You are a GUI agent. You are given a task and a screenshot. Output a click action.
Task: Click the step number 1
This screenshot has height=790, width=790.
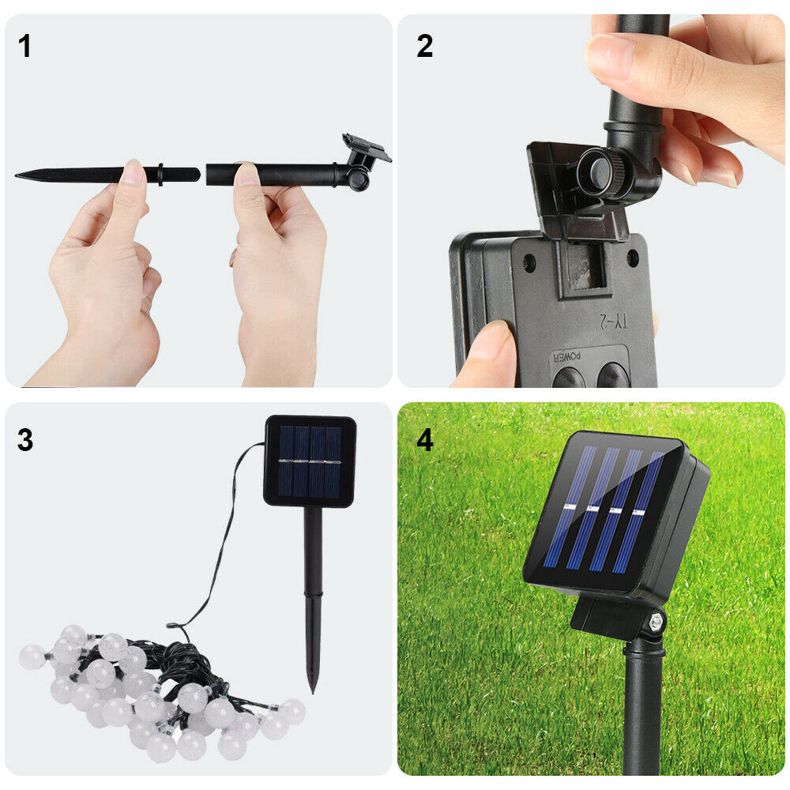[24, 46]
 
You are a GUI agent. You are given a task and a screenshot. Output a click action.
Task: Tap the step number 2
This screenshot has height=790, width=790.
[425, 46]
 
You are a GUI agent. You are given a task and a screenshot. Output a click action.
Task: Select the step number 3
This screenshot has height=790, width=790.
[24, 440]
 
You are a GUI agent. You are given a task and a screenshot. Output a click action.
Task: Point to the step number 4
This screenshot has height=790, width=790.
[425, 440]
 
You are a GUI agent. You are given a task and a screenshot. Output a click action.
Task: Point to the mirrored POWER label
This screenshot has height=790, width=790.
[567, 357]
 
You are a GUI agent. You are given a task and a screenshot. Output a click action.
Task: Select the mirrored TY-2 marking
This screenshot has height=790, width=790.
[615, 321]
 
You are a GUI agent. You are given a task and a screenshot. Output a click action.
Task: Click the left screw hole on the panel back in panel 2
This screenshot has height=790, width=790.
[529, 261]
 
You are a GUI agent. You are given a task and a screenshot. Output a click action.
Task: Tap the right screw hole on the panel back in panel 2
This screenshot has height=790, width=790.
[633, 258]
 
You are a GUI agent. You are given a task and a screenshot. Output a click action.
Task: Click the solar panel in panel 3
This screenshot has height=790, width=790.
[310, 461]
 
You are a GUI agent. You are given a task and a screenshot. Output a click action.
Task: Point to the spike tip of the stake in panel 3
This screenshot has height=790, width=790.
[313, 691]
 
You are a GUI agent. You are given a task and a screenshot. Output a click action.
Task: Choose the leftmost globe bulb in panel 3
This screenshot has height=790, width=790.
[32, 657]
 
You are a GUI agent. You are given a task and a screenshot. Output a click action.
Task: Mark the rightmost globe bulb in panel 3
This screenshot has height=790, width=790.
[293, 711]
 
